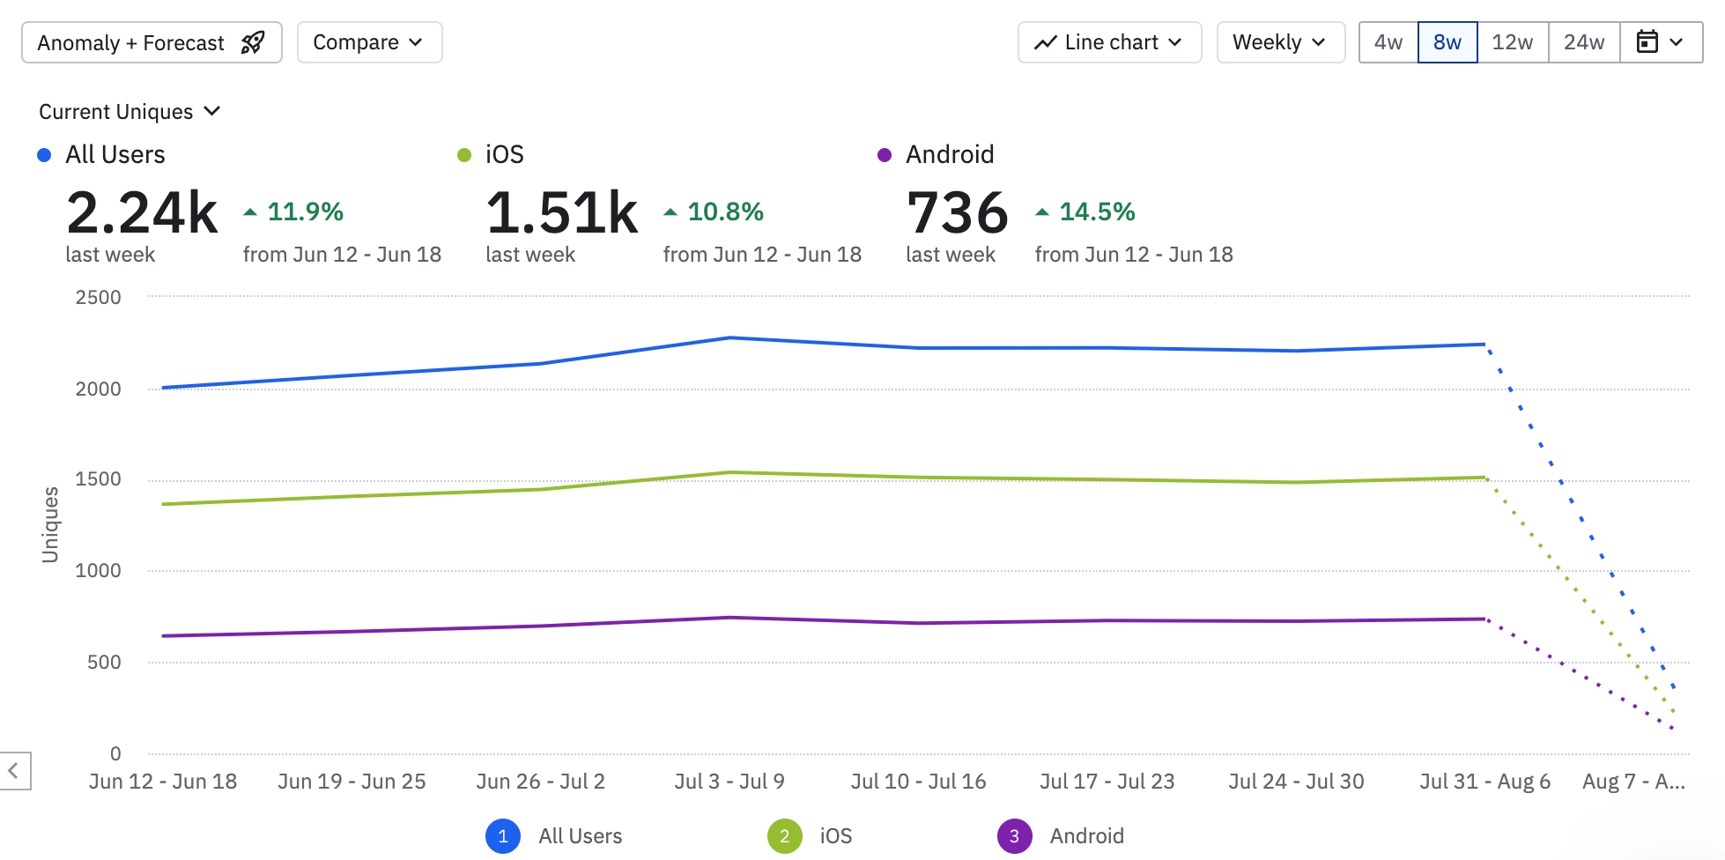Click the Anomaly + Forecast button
152,42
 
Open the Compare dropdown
369,42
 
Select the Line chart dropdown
1109,42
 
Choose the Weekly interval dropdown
1280,42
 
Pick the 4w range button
1388,42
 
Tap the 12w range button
1513,42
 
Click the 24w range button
1584,42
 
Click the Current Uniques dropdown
129,112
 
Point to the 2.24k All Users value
142,213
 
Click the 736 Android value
958,213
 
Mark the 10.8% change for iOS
724,212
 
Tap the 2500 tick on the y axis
99,298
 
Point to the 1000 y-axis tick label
99,571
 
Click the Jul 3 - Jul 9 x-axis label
729,782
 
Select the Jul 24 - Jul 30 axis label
1296,782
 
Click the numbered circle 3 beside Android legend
1014,836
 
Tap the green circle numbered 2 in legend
784,836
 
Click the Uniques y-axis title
50,525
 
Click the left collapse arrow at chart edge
14,771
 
